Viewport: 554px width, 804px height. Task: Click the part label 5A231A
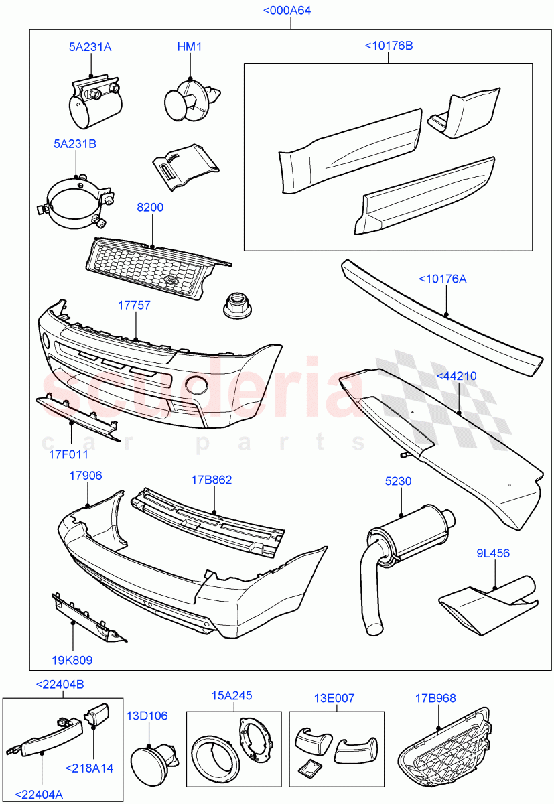(x=90, y=47)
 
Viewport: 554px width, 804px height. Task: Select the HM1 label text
(x=190, y=47)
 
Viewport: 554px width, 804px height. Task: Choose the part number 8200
(x=150, y=208)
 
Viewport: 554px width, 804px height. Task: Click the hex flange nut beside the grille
(x=236, y=306)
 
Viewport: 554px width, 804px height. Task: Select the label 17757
(x=134, y=306)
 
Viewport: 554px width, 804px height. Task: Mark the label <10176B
(x=389, y=46)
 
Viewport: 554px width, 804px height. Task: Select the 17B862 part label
(x=212, y=480)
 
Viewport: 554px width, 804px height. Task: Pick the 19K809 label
(x=72, y=660)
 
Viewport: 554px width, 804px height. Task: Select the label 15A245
(x=232, y=696)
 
